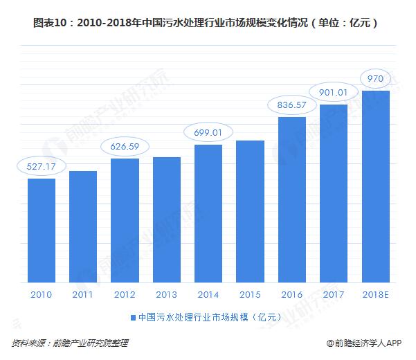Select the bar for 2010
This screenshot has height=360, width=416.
coord(42,231)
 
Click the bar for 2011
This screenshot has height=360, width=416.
coord(83,227)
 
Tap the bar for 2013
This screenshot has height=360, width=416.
coord(167,220)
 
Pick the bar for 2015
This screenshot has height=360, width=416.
coord(250,212)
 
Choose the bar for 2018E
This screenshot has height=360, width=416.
coord(376,187)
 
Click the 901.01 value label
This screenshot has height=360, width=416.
coord(334,92)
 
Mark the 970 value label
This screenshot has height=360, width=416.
coord(376,78)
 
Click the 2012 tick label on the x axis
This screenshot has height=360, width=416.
coord(125,294)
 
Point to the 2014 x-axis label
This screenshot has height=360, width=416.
coord(208,294)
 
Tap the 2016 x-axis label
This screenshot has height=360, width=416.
coord(292,294)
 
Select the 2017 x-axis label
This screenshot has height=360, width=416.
coord(334,294)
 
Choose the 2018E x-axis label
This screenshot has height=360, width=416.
coord(376,294)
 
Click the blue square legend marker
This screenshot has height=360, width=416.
coord(132,318)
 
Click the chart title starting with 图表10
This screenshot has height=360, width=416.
coord(208,22)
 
